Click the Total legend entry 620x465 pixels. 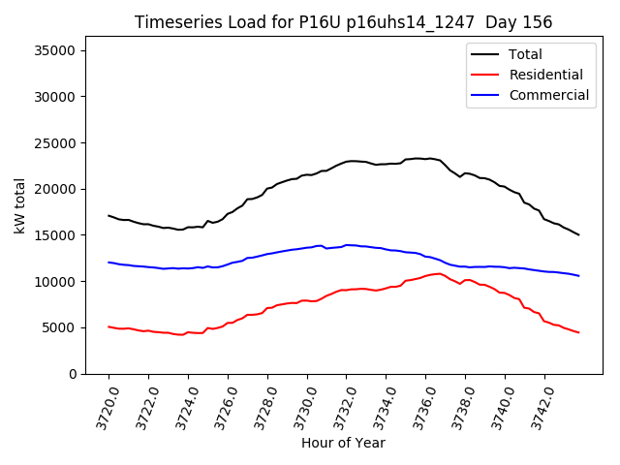click(x=525, y=54)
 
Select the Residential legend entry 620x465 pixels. click(x=545, y=75)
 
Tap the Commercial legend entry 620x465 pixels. click(x=548, y=95)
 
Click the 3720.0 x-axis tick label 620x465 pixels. click(x=102, y=405)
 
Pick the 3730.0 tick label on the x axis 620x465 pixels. click(x=300, y=405)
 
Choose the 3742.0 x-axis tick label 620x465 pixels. click(x=539, y=405)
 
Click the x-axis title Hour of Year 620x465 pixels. click(x=343, y=443)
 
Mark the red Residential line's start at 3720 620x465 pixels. click(x=108, y=326)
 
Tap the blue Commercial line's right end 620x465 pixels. click(x=578, y=276)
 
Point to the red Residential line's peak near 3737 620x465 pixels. click(x=439, y=273)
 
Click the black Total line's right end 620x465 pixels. click(x=578, y=234)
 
